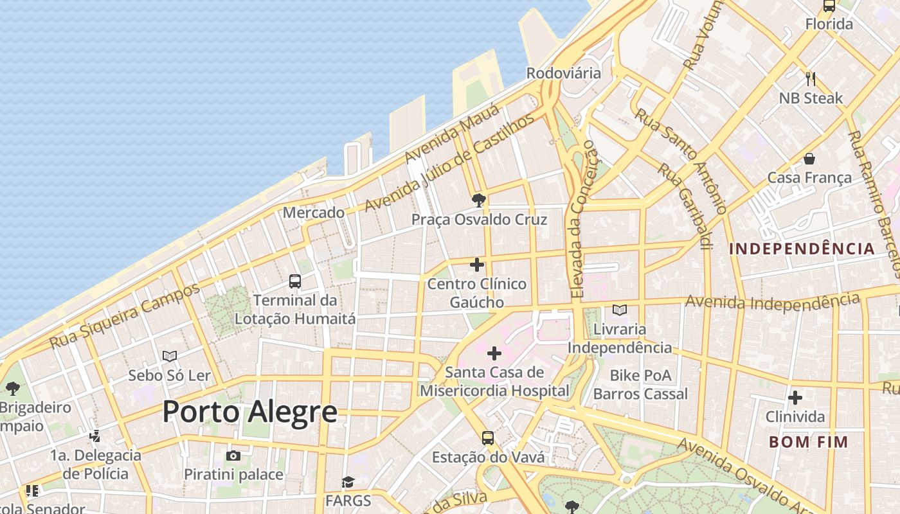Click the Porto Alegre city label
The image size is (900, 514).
[x=249, y=412]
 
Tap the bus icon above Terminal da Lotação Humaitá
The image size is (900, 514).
[x=295, y=281]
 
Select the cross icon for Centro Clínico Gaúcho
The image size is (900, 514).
[x=477, y=265]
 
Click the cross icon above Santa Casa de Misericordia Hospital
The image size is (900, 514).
[x=494, y=353]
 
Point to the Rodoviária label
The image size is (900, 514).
[x=564, y=73]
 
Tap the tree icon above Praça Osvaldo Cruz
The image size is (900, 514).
[x=478, y=200]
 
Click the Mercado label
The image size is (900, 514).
[x=314, y=212]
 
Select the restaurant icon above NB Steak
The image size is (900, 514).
[x=811, y=79]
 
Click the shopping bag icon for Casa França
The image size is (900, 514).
[x=809, y=159]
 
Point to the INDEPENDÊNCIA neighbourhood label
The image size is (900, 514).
[x=802, y=249]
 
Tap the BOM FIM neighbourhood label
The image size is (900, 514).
[x=809, y=442]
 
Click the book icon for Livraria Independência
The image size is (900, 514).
[x=620, y=310]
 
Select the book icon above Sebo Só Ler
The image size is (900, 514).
[x=170, y=356]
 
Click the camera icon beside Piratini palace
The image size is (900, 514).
[x=233, y=456]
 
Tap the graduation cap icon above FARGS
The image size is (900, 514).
[x=348, y=482]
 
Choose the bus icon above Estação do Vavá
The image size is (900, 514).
[x=488, y=438]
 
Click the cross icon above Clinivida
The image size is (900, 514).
[x=795, y=398]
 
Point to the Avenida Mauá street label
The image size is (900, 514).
[x=452, y=133]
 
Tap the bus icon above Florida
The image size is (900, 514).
[x=829, y=6]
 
